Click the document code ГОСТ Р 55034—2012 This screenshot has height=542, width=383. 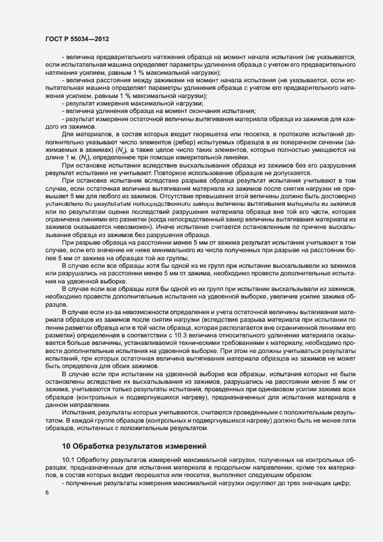(x=77, y=38)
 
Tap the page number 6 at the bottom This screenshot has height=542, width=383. (x=46, y=493)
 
